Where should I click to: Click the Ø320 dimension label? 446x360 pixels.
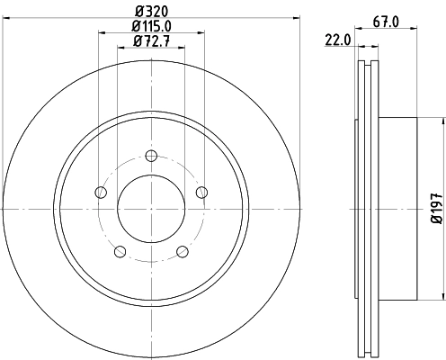coord(152,12)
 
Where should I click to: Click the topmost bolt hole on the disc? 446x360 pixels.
coord(151,156)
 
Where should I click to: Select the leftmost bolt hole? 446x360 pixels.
coord(101,193)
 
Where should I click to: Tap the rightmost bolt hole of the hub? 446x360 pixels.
coord(201,191)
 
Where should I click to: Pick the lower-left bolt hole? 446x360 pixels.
coord(120,251)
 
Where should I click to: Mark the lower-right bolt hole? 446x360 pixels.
coord(183,251)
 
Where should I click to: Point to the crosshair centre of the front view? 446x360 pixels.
coord(151,209)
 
